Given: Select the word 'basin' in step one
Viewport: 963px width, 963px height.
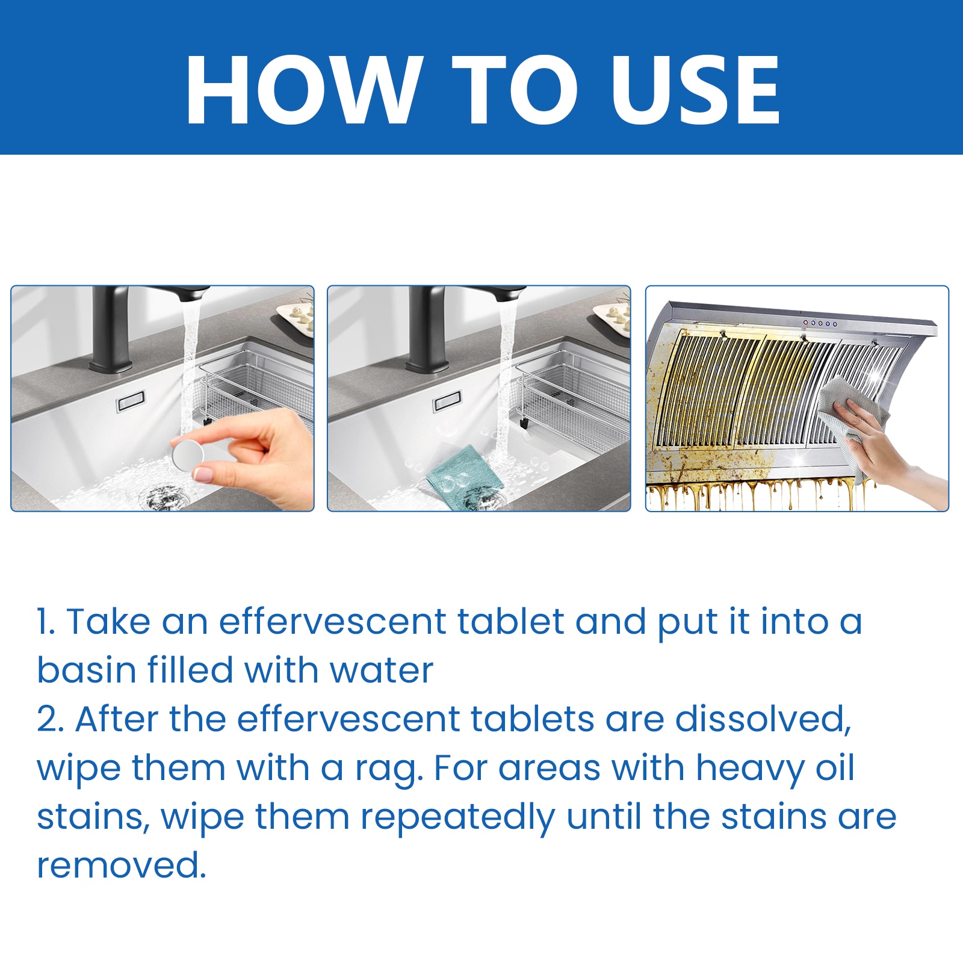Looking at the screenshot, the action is point(87,670).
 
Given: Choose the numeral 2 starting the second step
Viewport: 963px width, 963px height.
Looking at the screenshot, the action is point(51,719).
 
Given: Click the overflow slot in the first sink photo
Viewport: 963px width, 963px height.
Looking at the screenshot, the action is point(131,401).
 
